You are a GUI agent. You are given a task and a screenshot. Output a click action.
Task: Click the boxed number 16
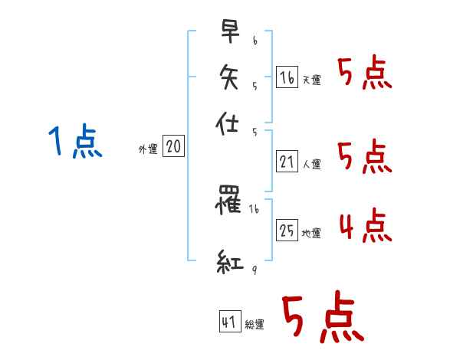287,77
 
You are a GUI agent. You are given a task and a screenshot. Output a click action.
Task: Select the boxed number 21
287,162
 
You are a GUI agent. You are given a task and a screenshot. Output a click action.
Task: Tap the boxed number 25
287,231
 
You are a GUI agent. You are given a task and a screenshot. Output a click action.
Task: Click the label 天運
311,80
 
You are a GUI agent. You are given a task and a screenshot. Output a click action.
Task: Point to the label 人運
311,164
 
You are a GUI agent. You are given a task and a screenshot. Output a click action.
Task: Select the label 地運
311,234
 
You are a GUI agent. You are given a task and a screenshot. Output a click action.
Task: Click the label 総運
255,325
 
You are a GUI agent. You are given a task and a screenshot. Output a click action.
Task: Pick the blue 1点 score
75,142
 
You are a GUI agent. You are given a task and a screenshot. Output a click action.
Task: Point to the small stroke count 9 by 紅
254,270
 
